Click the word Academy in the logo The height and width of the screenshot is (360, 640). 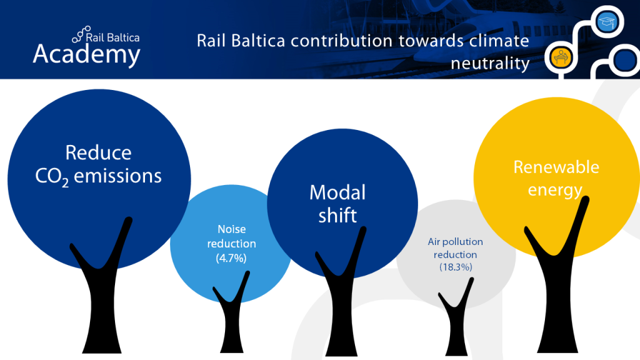click(x=86, y=54)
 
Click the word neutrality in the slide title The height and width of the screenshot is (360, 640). click(x=490, y=63)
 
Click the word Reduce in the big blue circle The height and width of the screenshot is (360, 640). click(x=98, y=153)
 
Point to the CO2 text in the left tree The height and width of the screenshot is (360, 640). click(x=52, y=177)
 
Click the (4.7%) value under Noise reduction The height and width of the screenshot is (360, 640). click(x=232, y=257)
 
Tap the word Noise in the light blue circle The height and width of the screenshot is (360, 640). click(x=232, y=229)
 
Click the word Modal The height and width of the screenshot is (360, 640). click(x=337, y=192)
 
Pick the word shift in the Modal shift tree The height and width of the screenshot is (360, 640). click(x=337, y=216)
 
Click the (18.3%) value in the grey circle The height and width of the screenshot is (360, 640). click(x=456, y=267)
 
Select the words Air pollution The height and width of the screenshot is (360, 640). click(x=456, y=242)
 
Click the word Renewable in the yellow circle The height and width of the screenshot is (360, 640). click(x=556, y=167)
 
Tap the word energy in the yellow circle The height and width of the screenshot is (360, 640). click(x=555, y=190)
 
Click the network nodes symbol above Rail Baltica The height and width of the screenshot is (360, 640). click(x=81, y=32)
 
